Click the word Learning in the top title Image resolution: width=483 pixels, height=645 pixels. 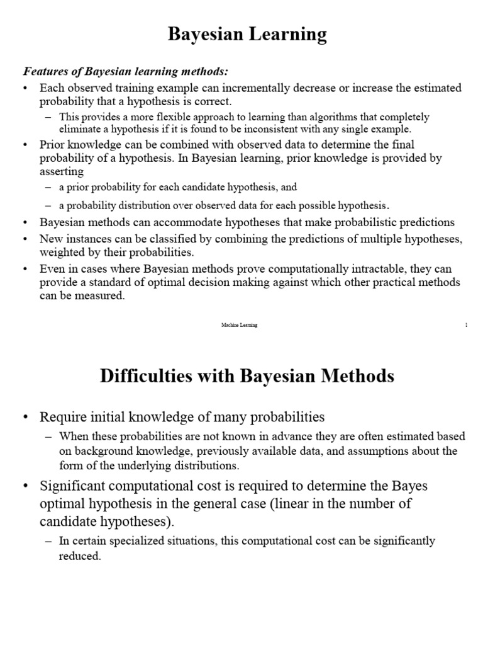(x=289, y=35)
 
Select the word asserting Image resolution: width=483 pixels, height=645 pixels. (x=61, y=171)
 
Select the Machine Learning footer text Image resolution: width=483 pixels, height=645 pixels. (x=239, y=324)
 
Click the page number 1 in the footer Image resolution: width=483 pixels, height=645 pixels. (x=466, y=324)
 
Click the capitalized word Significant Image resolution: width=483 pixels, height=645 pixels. (x=74, y=487)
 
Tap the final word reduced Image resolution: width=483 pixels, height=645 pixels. (x=80, y=556)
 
